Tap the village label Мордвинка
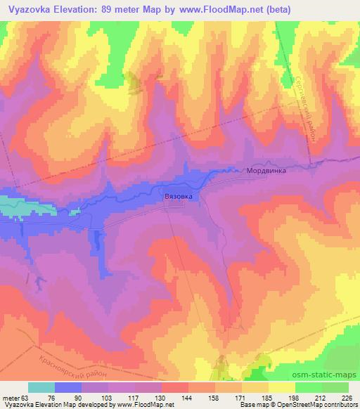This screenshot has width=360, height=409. pyautogui.click(x=265, y=170)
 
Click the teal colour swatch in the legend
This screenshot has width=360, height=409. pyautogui.click(x=41, y=387)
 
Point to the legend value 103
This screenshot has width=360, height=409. pyautogui.click(x=108, y=398)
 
